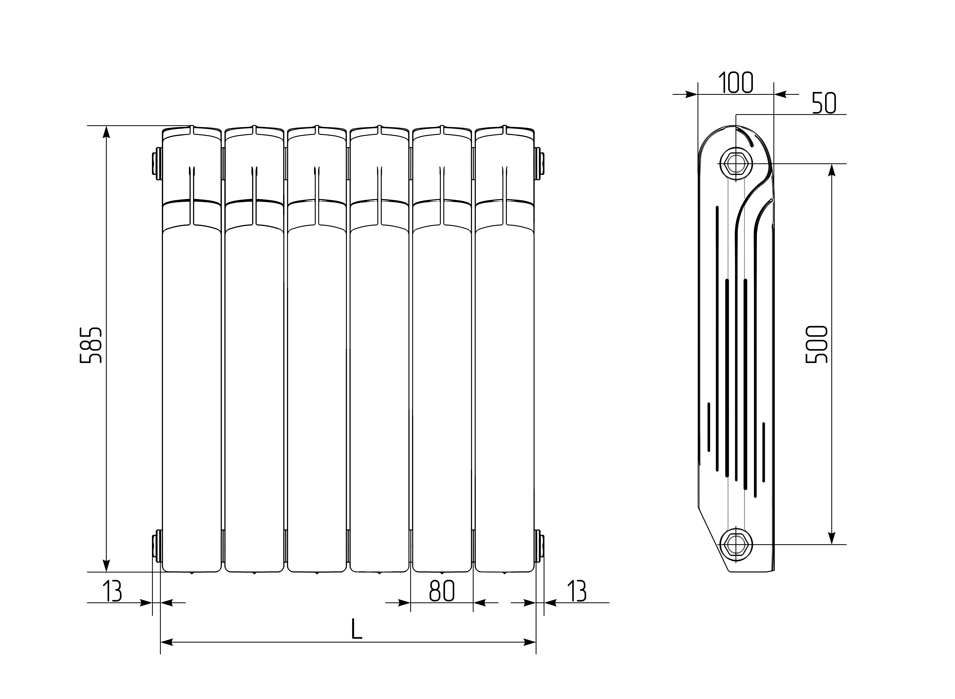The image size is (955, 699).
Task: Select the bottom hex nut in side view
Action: (736, 544)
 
